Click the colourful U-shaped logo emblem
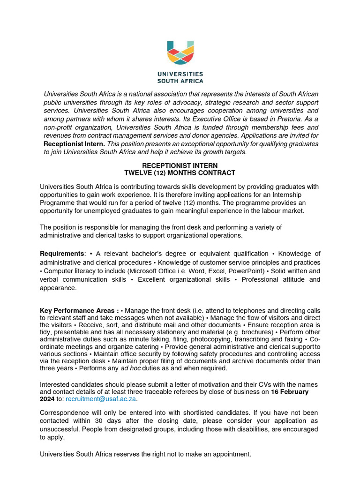[x=180, y=53]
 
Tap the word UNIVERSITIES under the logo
[x=180, y=74]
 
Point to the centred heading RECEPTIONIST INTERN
[x=180, y=165]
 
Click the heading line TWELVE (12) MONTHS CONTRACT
[x=180, y=173]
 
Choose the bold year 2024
[x=47, y=399]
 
